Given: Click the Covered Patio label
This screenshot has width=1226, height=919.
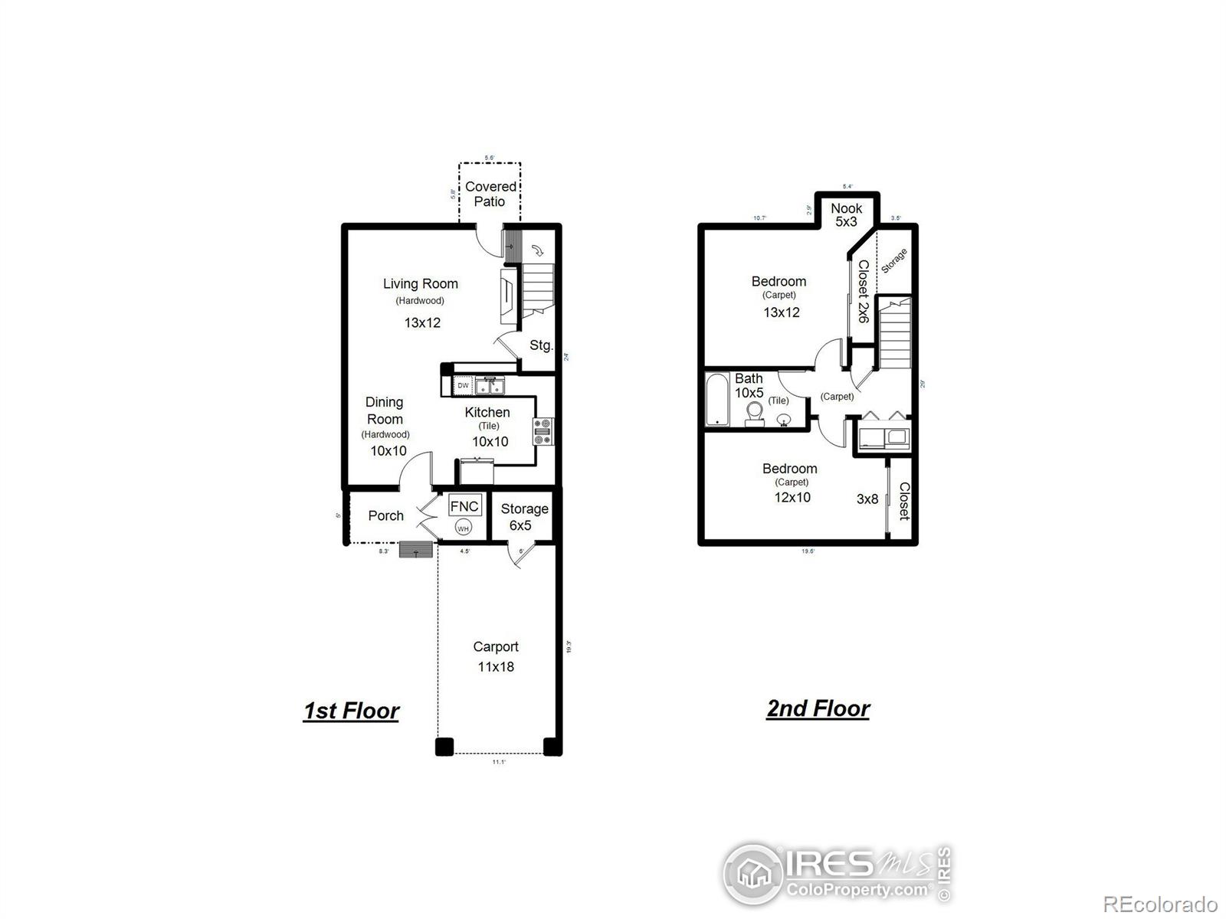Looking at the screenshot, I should point(490,194).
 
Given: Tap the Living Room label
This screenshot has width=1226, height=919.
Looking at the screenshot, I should point(421,284).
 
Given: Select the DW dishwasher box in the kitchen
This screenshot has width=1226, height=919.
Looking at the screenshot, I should point(463,386).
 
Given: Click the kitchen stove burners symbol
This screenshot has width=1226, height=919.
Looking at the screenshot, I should point(543,431).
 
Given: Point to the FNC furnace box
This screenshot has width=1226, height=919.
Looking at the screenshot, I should point(464,506).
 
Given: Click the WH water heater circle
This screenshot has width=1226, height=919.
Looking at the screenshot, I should point(463,528).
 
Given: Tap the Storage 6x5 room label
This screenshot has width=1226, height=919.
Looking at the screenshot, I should point(524,517).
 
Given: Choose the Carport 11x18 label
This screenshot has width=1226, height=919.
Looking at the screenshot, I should point(496,656).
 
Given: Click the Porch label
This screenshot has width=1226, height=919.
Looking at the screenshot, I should point(385,515).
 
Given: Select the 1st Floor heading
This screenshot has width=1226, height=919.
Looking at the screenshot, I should point(351,711).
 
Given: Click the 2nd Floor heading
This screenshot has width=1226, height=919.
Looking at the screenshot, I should point(818,708).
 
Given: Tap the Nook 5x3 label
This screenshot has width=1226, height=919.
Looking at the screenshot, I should point(846,214).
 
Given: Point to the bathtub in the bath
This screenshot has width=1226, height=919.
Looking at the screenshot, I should point(718,399).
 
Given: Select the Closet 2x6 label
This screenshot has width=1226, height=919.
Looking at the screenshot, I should point(863,291).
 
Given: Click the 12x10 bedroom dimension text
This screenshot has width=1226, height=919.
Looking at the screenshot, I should point(792,497).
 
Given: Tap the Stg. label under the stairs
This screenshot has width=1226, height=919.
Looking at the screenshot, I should point(541,345).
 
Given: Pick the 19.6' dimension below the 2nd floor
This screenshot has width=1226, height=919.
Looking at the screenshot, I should point(808,551).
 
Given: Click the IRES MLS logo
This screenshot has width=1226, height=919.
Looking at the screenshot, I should point(838,874).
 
